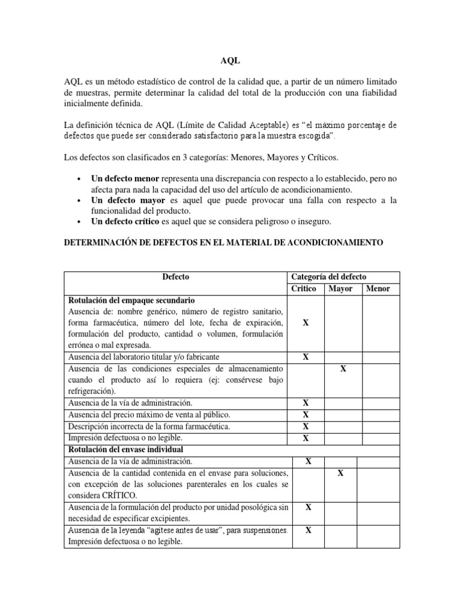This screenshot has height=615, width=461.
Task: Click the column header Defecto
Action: click(x=175, y=277)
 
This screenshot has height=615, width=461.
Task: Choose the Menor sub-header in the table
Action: click(x=378, y=288)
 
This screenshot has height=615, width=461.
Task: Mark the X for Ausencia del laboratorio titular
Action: click(x=306, y=357)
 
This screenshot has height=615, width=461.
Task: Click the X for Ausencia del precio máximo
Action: click(x=306, y=414)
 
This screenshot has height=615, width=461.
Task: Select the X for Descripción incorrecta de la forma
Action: click(x=306, y=426)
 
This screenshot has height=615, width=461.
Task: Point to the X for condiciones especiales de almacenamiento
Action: click(x=343, y=368)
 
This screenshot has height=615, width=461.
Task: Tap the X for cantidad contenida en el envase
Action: click(x=340, y=473)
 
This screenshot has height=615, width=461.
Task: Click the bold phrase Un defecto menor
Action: click(x=126, y=180)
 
